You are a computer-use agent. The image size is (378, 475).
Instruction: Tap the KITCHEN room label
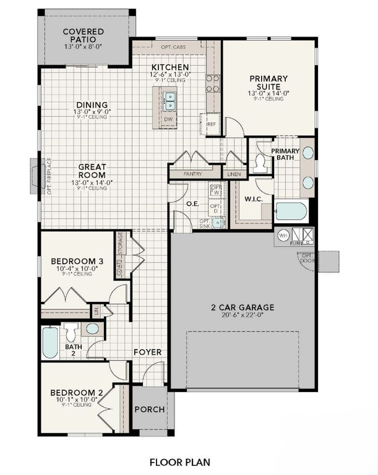tap(170, 67)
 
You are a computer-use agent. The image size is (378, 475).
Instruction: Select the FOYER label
tap(148, 353)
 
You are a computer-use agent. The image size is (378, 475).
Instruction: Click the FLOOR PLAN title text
tap(180, 461)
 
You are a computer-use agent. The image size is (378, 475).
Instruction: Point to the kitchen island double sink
tap(169, 101)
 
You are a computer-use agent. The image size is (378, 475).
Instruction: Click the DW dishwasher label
tap(168, 119)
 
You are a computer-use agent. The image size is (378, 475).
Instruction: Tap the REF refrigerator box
tap(212, 124)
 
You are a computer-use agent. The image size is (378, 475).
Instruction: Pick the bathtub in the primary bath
tap(291, 212)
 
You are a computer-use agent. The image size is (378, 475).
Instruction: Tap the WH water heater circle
tap(283, 236)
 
